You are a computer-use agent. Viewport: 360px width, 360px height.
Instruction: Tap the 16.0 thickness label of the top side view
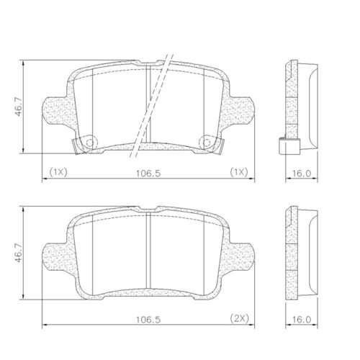(302, 173)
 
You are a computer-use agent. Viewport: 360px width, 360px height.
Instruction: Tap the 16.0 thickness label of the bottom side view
(302, 319)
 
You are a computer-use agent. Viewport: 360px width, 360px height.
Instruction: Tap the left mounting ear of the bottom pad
(55, 258)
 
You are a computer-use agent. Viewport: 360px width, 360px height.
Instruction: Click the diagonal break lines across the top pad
(153, 101)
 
